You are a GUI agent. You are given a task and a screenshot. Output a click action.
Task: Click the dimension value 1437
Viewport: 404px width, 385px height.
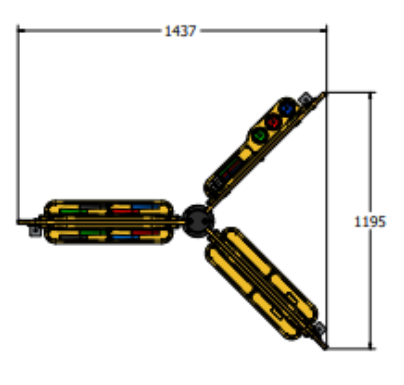[180, 31]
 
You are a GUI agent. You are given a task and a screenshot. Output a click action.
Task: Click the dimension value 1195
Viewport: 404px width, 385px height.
[370, 221]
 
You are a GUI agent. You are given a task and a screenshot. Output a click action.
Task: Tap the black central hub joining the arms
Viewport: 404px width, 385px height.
[198, 221]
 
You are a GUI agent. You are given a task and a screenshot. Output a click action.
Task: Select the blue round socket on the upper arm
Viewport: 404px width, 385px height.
[287, 109]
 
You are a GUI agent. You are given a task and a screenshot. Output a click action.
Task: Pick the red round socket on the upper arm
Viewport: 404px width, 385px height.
[273, 122]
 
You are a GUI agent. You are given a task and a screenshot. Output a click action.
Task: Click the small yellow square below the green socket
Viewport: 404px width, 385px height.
[245, 154]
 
